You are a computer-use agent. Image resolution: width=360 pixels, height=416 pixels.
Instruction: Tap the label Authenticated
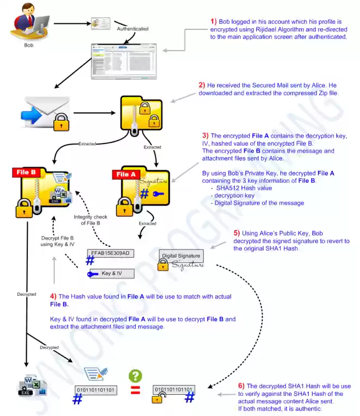[133, 28]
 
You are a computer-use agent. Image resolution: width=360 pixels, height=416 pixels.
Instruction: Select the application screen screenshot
[123, 61]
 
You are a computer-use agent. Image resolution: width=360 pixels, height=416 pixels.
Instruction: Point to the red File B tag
[26, 172]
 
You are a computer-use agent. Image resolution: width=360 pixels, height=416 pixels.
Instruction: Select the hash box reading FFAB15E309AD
[111, 253]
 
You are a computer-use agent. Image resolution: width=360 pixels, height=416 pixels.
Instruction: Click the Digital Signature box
[181, 256]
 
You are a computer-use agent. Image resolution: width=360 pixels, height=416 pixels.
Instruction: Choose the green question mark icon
[135, 376]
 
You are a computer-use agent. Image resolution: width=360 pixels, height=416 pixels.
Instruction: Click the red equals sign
[135, 389]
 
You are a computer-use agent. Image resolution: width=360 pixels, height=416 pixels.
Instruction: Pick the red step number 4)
[53, 296]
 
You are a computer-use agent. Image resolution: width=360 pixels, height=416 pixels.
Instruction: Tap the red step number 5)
[237, 231]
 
